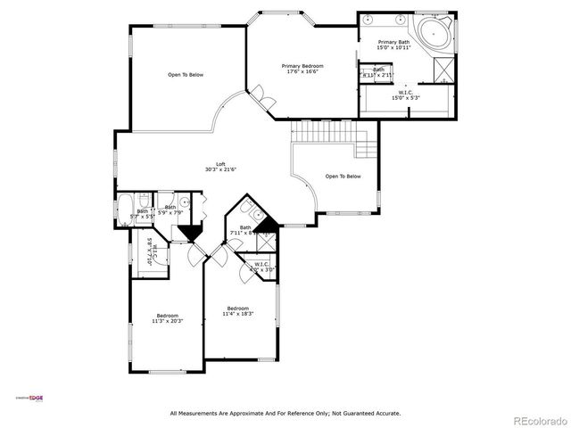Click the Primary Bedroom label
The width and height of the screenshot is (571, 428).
(x=302, y=66)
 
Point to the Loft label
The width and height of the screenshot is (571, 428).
(x=220, y=163)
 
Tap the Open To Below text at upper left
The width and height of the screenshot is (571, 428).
(x=186, y=75)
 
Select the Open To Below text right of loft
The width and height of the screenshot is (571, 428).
(x=343, y=177)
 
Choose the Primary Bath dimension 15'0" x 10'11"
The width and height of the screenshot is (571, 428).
(x=394, y=48)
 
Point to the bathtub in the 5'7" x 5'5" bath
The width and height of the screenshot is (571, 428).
(x=124, y=212)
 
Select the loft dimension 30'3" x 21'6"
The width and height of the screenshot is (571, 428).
(x=220, y=169)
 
